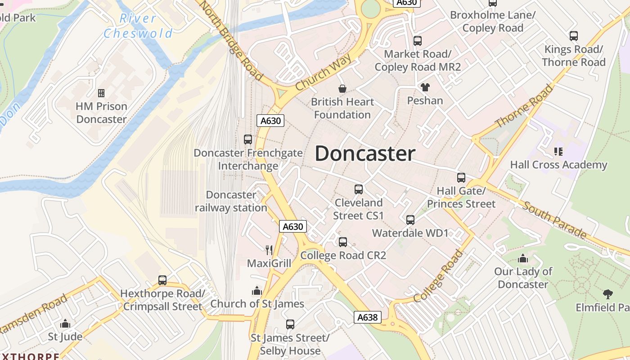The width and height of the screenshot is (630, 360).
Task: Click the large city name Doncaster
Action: [364, 154]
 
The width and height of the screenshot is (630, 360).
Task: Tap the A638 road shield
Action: [367, 317]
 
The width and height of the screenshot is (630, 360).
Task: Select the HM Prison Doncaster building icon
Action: [101, 93]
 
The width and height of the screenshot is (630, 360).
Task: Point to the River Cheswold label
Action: [138, 26]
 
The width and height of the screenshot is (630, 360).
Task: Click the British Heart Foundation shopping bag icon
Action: [342, 89]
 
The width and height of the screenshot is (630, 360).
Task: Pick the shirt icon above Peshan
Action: [425, 87]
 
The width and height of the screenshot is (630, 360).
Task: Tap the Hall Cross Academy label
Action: [558, 165]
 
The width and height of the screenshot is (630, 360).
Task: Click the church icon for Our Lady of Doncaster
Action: [523, 259]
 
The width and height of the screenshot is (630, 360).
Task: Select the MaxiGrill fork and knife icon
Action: [269, 250]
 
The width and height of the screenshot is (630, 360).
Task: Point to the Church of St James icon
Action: [257, 291]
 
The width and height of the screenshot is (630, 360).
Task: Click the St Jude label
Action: [65, 337]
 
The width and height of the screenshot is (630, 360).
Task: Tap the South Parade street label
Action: [554, 220]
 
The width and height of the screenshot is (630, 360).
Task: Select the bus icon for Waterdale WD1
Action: [410, 220]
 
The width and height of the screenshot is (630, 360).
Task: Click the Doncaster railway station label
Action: [231, 201]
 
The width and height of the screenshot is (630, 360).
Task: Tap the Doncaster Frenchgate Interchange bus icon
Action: [248, 139]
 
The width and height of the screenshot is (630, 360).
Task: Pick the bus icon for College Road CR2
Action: [343, 242]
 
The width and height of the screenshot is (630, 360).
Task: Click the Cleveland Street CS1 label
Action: [359, 209]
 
